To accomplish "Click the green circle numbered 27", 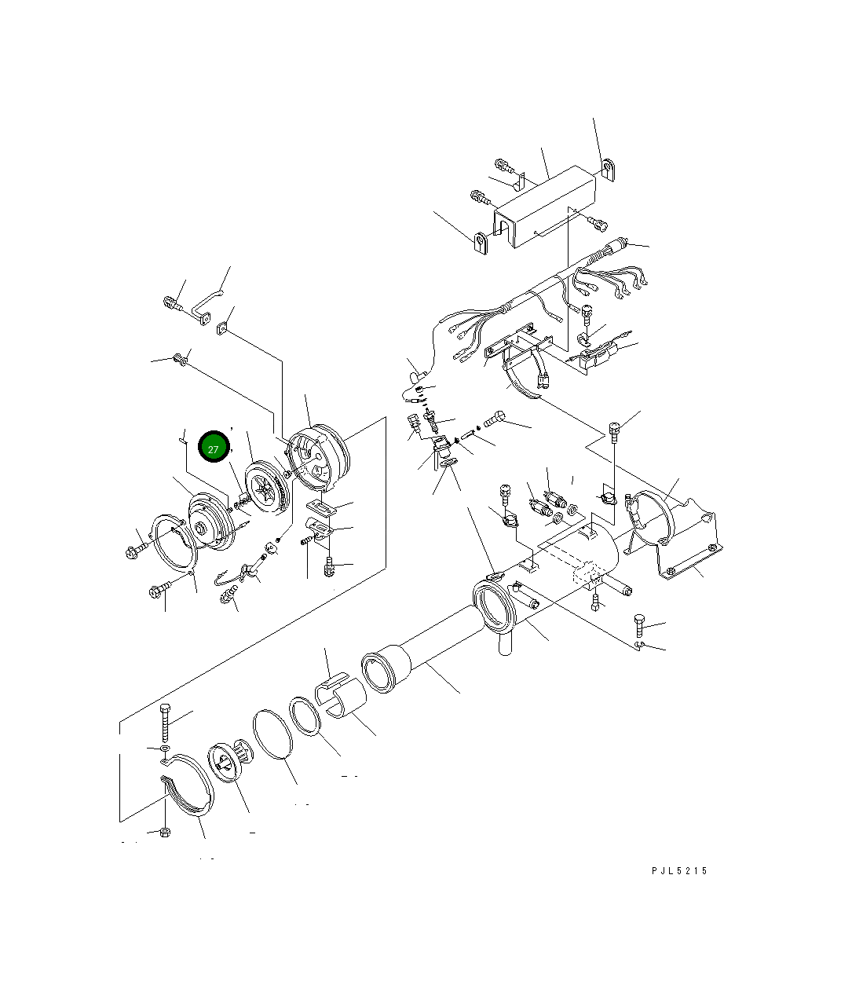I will [213, 448].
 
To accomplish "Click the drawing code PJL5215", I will [679, 870].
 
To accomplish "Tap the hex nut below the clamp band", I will [164, 832].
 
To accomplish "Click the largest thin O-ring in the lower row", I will [272, 735].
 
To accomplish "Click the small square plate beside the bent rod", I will [224, 327].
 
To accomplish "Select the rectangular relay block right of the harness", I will [599, 358].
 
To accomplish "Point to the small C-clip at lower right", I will [640, 645].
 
